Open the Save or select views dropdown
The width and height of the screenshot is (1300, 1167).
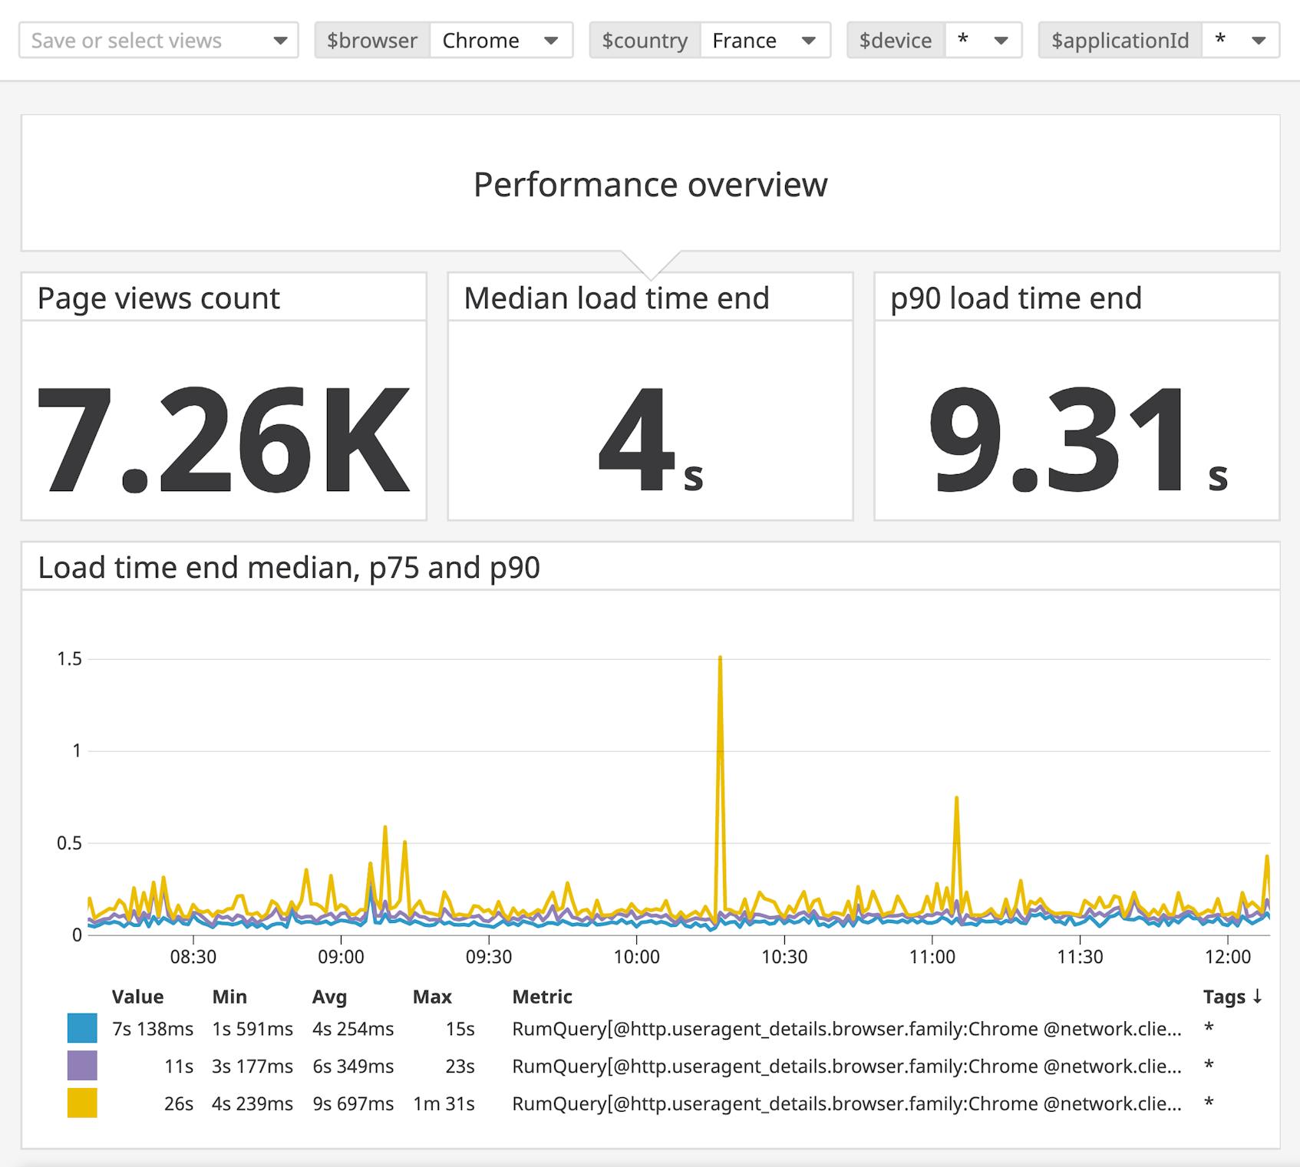158,41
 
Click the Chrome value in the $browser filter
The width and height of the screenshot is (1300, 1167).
480,41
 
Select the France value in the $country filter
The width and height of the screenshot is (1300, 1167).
744,41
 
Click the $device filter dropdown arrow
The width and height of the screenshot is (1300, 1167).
1001,41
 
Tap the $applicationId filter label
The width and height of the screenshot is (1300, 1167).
1120,41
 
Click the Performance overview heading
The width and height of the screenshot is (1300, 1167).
650,184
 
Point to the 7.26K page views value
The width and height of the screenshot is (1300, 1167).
223,440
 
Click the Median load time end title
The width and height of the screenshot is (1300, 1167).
616,298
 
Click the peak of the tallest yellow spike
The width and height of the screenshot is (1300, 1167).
720,658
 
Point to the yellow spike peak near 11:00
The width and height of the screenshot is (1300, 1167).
956,799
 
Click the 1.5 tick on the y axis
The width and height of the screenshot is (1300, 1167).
69,659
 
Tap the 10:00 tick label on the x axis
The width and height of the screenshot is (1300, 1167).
636,957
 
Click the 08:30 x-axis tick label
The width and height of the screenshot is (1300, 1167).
193,957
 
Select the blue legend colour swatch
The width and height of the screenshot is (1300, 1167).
82,1028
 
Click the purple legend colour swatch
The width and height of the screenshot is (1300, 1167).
82,1066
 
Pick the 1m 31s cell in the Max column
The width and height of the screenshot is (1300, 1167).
444,1103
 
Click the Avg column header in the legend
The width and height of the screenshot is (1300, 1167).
329,997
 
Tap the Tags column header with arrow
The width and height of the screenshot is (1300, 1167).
1232,997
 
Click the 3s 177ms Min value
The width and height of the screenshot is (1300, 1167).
252,1066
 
